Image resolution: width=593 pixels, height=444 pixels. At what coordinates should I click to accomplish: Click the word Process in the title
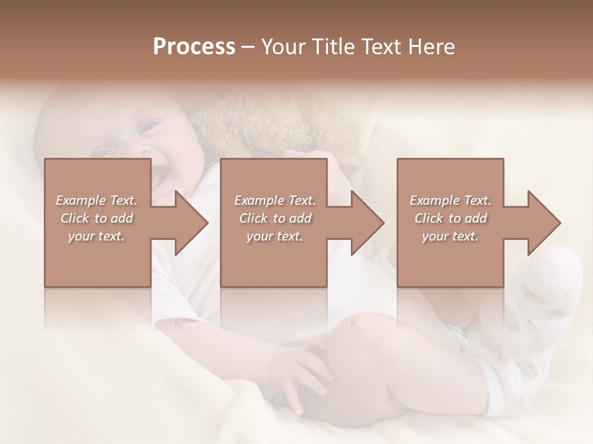(194, 47)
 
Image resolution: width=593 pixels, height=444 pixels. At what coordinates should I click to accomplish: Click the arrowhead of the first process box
(191, 223)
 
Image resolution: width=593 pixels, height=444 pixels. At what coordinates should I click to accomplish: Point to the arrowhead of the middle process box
(368, 223)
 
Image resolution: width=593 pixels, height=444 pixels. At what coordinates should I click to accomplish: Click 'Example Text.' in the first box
(96, 200)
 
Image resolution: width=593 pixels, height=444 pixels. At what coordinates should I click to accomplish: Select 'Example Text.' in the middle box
(275, 200)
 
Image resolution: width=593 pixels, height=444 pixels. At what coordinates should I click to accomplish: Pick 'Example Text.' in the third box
(450, 200)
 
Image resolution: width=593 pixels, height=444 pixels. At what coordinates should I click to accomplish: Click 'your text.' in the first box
(96, 236)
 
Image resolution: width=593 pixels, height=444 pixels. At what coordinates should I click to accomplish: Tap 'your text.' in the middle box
(275, 236)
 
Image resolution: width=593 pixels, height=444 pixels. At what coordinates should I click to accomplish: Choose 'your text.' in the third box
(450, 236)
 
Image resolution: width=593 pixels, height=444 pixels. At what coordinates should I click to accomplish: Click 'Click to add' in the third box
(450, 218)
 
